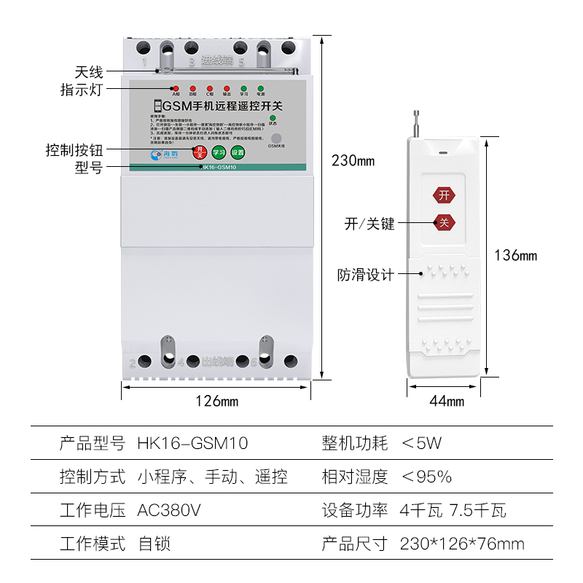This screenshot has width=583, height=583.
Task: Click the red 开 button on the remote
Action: point(444,195)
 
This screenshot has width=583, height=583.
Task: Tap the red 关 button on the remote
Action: point(444,222)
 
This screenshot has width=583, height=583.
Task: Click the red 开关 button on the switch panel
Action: point(199,152)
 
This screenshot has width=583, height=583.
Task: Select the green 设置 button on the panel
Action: point(237,152)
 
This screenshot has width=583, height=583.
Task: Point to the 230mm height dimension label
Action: point(353,160)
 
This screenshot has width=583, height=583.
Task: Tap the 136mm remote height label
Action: point(515,255)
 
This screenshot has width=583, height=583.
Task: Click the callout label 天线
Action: point(89,72)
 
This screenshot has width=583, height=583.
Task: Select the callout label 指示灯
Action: point(82,90)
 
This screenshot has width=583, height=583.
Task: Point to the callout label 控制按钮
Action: point(74,151)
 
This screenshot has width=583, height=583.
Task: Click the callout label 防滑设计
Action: point(366,275)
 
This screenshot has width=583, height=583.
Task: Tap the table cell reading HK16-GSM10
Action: point(193,443)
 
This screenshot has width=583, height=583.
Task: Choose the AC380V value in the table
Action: point(169,510)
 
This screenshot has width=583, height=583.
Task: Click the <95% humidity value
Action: point(426,477)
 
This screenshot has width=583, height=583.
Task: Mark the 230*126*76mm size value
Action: point(462,544)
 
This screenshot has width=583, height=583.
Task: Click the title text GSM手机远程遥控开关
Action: point(218,106)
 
